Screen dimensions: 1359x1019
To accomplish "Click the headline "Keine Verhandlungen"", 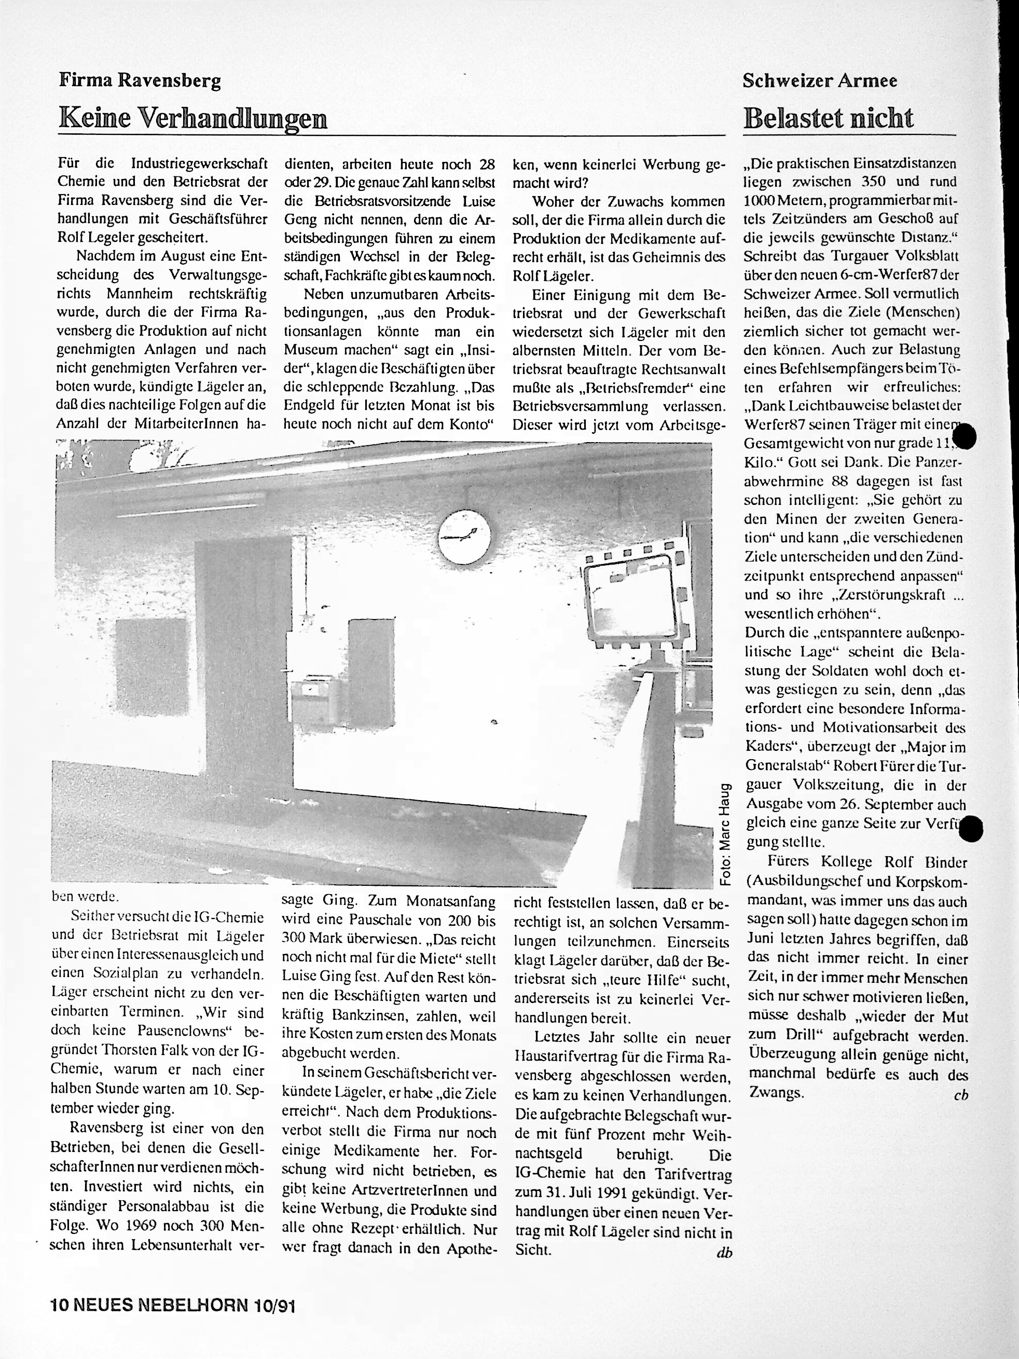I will pyautogui.click(x=192, y=117).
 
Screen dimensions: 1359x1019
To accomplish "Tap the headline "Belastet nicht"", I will pyautogui.click(x=828, y=117).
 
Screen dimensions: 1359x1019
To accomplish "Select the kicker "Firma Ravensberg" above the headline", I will pyautogui.click(x=140, y=80).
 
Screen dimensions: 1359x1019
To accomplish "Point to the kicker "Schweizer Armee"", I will pyautogui.click(x=819, y=80).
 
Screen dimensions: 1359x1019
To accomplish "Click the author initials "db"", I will pyautogui.click(x=724, y=1253).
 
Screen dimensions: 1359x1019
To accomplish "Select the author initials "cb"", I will pyautogui.click(x=961, y=1094).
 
